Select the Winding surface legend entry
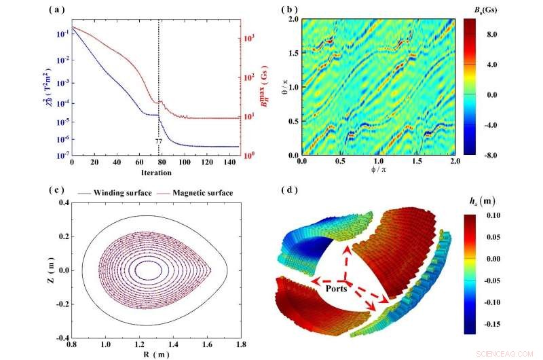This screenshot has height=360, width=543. click(x=130, y=193)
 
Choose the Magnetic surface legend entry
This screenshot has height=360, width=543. click(x=202, y=193)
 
